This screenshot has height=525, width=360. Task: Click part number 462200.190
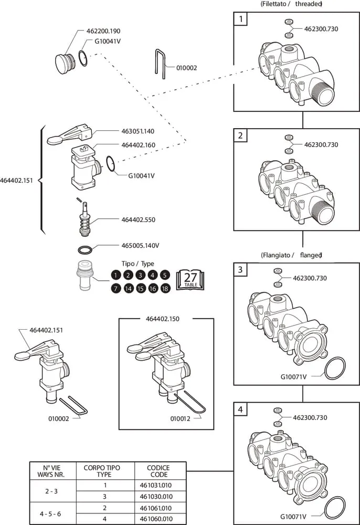[103, 31]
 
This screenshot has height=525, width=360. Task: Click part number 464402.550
[138, 219]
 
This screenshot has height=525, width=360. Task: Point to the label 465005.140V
[140, 245]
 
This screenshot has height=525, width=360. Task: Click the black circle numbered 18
[165, 288]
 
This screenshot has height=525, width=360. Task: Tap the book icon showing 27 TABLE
[190, 280]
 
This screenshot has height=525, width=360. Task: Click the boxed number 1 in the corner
[241, 20]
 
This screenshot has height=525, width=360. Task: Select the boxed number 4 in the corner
[240, 409]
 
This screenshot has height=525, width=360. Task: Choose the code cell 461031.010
[159, 486]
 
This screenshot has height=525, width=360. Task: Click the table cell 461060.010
[159, 519]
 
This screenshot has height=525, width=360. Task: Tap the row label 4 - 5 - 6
[52, 513]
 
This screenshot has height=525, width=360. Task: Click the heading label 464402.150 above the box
[166, 319]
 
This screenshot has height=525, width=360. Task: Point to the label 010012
[181, 418]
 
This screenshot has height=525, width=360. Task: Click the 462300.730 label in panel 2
[321, 144]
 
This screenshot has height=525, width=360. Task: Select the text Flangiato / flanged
[291, 255]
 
